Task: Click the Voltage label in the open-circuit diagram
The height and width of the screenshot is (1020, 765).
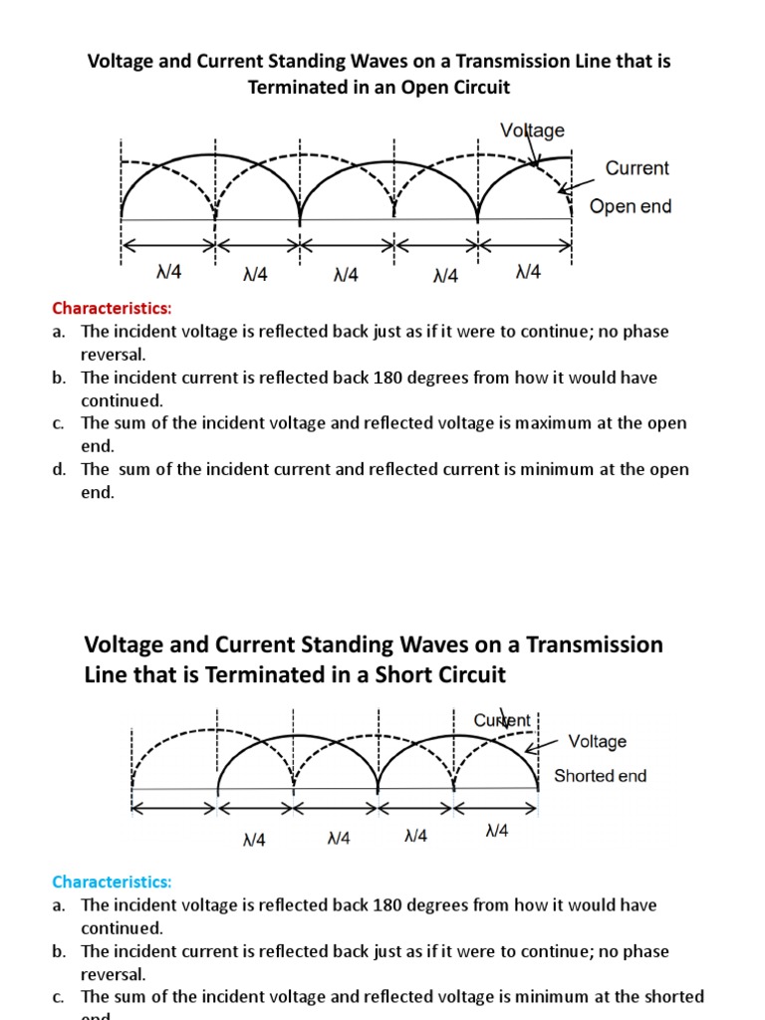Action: pyautogui.click(x=532, y=130)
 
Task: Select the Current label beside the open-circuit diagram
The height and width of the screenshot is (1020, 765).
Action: pyautogui.click(x=637, y=168)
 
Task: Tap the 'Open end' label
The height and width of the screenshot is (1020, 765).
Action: pyautogui.click(x=631, y=206)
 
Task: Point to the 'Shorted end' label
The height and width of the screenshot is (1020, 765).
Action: pyautogui.click(x=600, y=776)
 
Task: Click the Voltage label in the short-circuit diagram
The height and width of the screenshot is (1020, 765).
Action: pyautogui.click(x=597, y=741)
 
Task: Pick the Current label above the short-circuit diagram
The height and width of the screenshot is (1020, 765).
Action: pyautogui.click(x=502, y=719)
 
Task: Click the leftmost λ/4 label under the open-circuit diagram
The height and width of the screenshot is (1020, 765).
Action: pyautogui.click(x=169, y=274)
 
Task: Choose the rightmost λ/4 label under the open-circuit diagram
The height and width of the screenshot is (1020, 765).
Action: pyautogui.click(x=528, y=272)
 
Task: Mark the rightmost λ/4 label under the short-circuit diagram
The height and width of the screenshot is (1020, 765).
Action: pyautogui.click(x=496, y=831)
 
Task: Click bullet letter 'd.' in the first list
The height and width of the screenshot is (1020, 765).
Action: pyautogui.click(x=60, y=469)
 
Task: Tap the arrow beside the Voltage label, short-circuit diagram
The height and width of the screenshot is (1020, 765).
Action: pyautogui.click(x=542, y=747)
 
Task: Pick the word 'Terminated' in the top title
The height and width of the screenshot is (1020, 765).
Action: pyautogui.click(x=291, y=88)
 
